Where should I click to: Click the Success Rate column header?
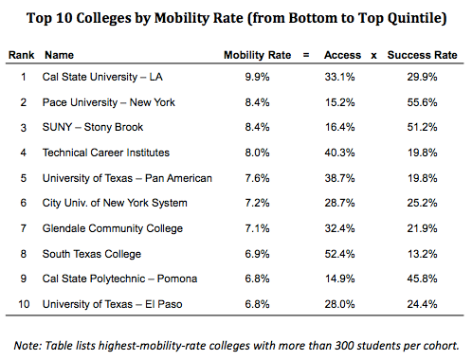pos(422,55)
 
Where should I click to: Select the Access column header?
pos(342,55)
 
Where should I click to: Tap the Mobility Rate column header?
pos(257,55)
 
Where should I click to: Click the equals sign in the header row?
pos(306,55)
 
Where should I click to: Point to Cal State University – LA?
pos(102,77)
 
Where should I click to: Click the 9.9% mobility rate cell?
pos(257,77)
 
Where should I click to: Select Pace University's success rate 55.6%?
pos(422,102)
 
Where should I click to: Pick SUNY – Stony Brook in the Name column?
pos(93,127)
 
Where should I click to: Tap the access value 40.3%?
pos(339,153)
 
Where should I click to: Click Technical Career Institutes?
pos(106,153)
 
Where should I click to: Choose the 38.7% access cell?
pos(339,178)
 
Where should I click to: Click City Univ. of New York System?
pos(115,203)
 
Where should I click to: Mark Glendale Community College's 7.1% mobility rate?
pos(257,228)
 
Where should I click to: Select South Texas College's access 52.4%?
pos(339,254)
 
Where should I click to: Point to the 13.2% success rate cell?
pos(422,254)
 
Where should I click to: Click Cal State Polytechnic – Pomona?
pos(119,279)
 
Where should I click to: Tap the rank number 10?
pos(24,304)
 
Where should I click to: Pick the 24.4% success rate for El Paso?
pos(422,304)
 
